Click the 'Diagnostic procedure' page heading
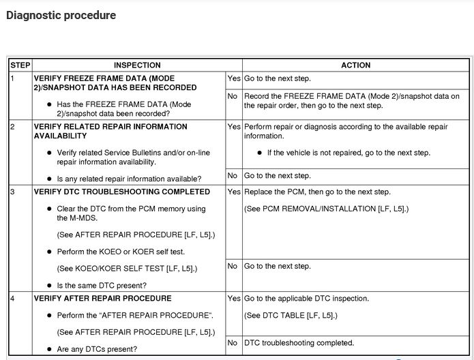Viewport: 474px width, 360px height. click(61, 15)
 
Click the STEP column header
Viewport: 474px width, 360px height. click(19, 65)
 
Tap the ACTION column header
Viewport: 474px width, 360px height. click(355, 65)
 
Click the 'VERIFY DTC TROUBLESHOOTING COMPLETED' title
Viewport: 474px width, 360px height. click(121, 192)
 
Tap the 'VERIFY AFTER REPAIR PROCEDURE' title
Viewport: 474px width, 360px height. click(102, 299)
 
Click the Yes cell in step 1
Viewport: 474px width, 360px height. click(233, 78)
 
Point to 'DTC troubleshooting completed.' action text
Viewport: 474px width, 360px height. click(299, 343)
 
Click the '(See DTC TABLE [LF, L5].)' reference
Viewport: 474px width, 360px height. click(291, 315)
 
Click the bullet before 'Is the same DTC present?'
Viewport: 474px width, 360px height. click(50, 286)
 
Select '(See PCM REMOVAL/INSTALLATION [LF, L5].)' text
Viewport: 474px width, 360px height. click(326, 209)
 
